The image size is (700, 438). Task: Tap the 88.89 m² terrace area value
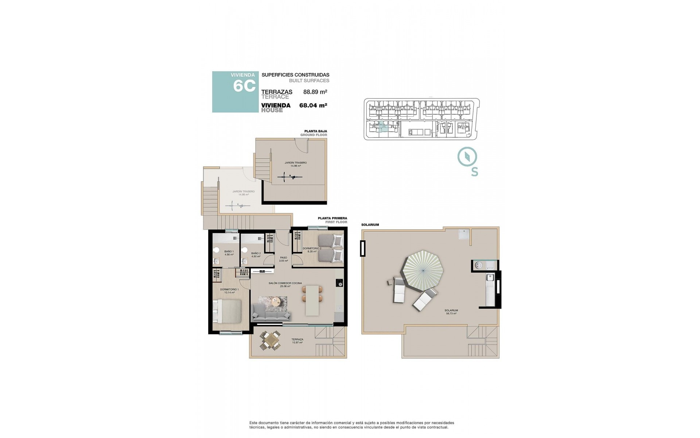click(x=315, y=92)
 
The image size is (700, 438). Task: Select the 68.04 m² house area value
click(x=313, y=105)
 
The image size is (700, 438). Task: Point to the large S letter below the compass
click(x=474, y=172)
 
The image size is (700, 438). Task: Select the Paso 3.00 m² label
click(x=283, y=259)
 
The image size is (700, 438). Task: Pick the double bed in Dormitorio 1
click(x=227, y=311)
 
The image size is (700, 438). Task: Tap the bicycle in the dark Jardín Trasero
click(x=290, y=177)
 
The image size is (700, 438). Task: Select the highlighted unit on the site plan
click(x=382, y=127)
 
